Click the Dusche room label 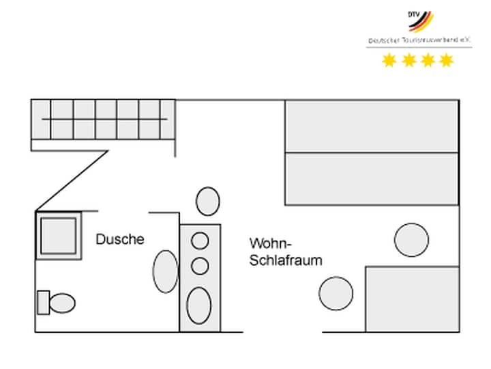pyautogui.click(x=120, y=239)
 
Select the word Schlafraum pyautogui.click(x=286, y=260)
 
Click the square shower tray pyautogui.click(x=58, y=235)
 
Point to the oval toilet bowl pyautogui.click(x=63, y=302)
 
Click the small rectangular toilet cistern pyautogui.click(x=43, y=301)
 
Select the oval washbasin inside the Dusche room pyautogui.click(x=166, y=271)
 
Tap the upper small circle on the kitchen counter pyautogui.click(x=200, y=241)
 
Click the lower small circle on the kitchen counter pyautogui.click(x=200, y=265)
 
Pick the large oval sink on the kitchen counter pyautogui.click(x=199, y=305)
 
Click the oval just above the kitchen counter pyautogui.click(x=207, y=202)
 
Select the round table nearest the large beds pyautogui.click(x=411, y=240)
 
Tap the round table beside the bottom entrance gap pyautogui.click(x=336, y=292)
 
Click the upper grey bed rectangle pyautogui.click(x=371, y=126)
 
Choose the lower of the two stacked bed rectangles pyautogui.click(x=371, y=179)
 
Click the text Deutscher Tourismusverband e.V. pyautogui.click(x=419, y=41)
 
